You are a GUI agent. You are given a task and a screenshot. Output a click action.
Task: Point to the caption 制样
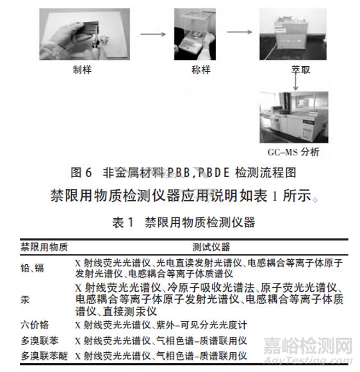point(83,70)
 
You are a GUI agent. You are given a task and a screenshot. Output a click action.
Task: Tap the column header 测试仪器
point(211,246)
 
